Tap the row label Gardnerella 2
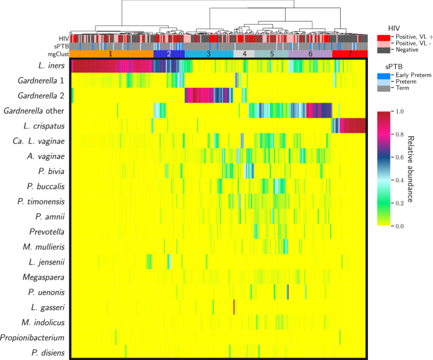coord(39,96)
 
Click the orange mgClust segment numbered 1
coord(111,54)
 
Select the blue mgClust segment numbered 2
coord(169,54)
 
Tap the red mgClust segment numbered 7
coord(350,54)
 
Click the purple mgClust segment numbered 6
coord(310,54)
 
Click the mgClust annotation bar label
coord(59,54)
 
